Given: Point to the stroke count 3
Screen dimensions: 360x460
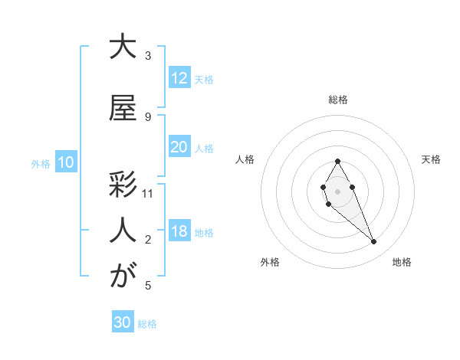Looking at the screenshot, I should coord(148,56).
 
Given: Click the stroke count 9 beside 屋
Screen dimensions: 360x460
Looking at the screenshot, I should coord(148,116).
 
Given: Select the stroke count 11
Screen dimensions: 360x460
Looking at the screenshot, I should coord(148,194).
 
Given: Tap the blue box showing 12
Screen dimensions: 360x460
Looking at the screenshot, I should coord(179,78).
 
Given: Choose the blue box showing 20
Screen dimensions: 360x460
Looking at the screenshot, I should coord(179,147).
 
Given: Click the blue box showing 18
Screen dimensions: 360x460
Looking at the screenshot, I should coord(179,231).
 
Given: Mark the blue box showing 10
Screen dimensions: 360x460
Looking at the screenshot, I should coord(65,162).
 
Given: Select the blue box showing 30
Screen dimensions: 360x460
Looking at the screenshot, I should coord(122,322).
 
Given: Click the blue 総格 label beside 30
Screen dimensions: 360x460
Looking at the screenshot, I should coord(147,324).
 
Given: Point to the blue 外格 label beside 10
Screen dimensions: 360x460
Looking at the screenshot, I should coord(41,163).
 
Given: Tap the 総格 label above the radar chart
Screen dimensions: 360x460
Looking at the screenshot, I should coord(337,100).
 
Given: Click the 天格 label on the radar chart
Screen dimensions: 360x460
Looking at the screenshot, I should coord(432,159).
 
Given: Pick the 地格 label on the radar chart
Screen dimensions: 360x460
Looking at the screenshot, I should coord(402,263).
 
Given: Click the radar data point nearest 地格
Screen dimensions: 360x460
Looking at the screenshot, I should coord(373,242).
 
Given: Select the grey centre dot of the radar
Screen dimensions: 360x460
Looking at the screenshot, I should coord(337,190).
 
